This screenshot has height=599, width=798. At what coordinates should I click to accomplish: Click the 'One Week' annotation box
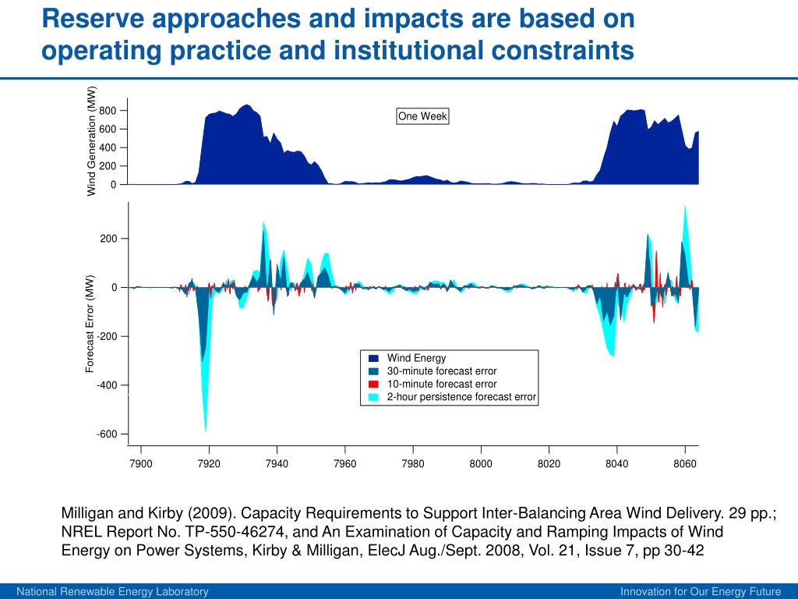pos(423,116)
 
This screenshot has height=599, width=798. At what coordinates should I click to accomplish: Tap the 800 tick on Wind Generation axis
pos(108,111)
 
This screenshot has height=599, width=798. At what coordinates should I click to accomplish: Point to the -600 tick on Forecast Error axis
pos(107,434)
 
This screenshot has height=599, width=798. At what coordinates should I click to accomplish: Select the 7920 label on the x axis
pos(209,464)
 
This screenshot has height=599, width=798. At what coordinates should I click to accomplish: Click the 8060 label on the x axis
pos(685,464)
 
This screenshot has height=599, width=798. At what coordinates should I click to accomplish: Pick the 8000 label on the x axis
pos(481,464)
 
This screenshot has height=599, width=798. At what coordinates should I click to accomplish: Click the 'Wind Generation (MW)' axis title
pos(91,140)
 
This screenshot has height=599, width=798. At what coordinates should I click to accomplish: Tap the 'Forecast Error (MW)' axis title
pos(90,323)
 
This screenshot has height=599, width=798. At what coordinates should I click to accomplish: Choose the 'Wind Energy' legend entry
pos(416,359)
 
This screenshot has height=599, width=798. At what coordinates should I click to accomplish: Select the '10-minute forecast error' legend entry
pos(441,384)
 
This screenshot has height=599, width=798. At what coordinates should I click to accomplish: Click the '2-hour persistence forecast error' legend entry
pos(461,397)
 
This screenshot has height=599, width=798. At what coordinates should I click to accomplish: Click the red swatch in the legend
pos(373,384)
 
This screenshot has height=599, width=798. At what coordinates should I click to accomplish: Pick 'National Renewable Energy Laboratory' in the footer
pos(113,592)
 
